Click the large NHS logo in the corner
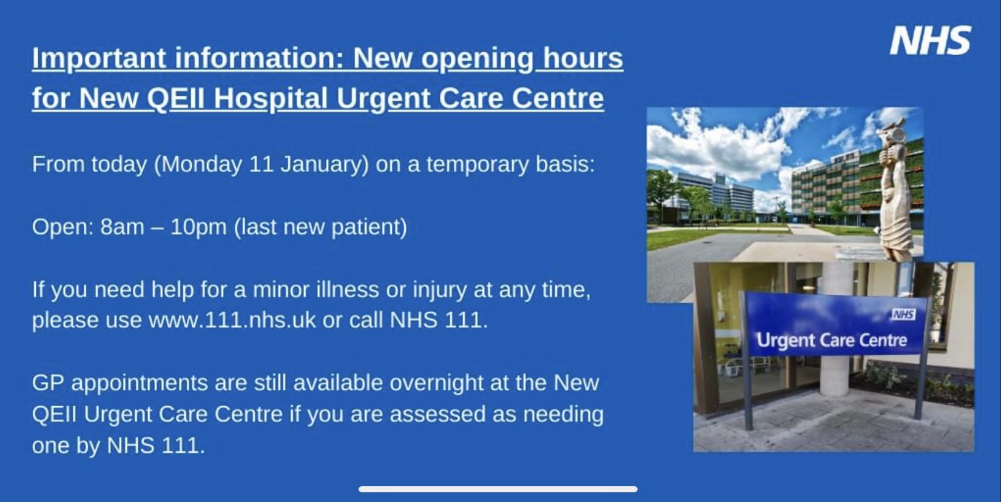(931, 40)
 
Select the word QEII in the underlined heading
(175, 98)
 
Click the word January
(321, 164)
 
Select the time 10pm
(198, 227)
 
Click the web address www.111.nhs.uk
(232, 320)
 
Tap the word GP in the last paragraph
(48, 383)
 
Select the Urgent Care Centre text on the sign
(832, 341)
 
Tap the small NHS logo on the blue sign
(903, 315)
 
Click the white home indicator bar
(498, 489)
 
